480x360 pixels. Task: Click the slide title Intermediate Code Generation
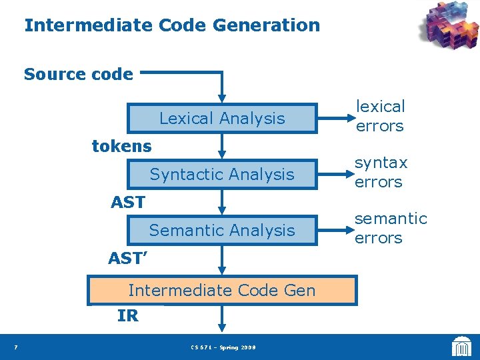[172, 26]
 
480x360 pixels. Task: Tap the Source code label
[79, 74]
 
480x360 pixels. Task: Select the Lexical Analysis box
[222, 119]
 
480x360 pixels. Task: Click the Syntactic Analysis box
[222, 175]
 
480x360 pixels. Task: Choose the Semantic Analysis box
[222, 231]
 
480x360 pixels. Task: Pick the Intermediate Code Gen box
[222, 291]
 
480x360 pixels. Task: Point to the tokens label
[121, 146]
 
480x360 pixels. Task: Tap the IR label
[128, 316]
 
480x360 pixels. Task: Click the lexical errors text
[380, 116]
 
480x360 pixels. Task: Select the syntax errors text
[381, 172]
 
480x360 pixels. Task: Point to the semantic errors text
[390, 228]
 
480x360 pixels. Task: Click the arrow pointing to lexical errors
[331, 119]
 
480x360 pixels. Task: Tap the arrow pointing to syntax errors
[331, 175]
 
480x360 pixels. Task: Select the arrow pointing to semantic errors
[331, 231]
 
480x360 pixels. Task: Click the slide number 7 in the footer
[15, 347]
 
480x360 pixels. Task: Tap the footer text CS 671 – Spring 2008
[223, 347]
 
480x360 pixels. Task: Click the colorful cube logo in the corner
[449, 27]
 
